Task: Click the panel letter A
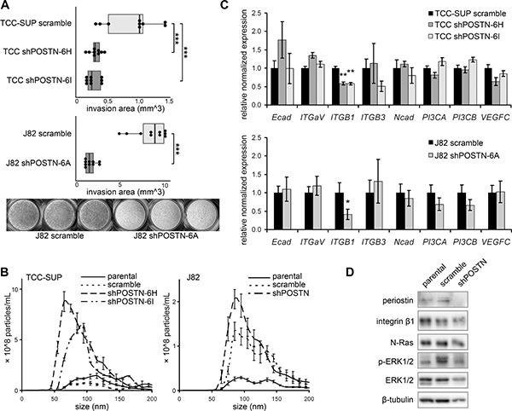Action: [x=6, y=4]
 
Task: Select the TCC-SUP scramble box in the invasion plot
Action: [x=125, y=24]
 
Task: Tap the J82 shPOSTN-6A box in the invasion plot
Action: [x=90, y=163]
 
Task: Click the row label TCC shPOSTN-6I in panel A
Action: [x=39, y=80]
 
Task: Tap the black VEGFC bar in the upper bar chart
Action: [x=487, y=86]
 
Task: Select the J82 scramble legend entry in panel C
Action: [x=456, y=143]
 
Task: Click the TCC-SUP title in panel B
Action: [x=44, y=277]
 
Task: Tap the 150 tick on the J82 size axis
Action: [x=276, y=398]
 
